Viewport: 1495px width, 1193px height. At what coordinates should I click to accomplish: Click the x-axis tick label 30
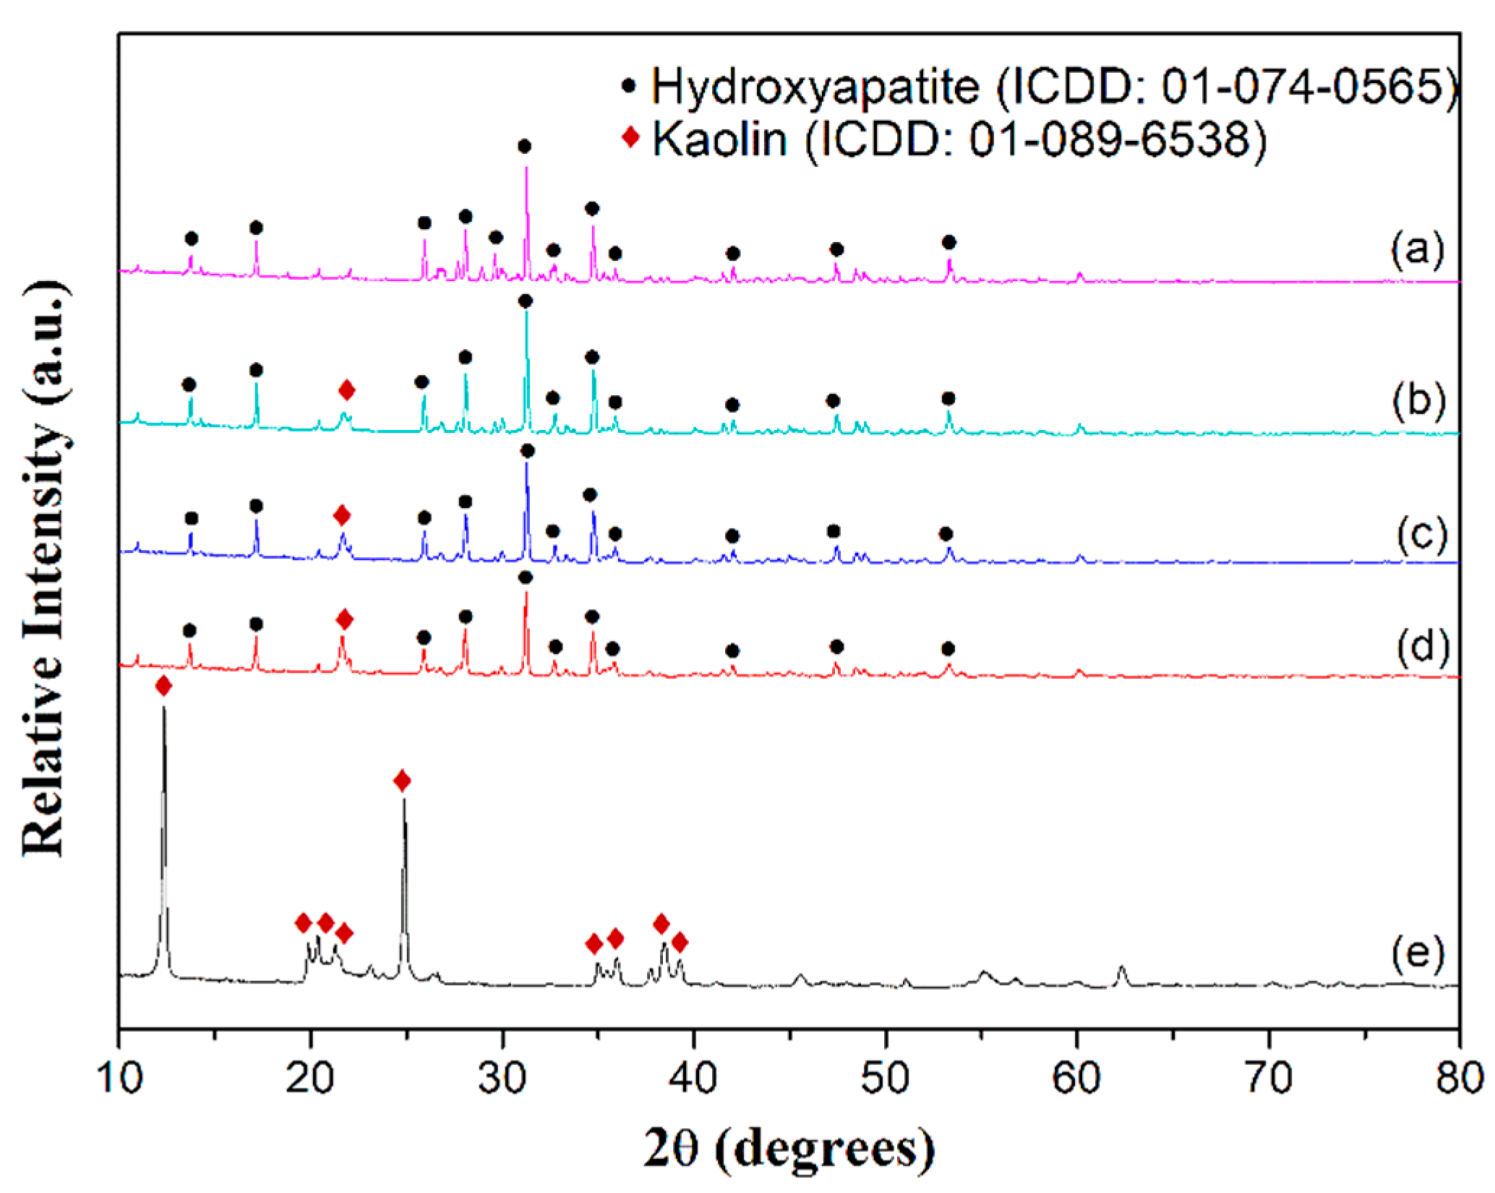[502, 1079]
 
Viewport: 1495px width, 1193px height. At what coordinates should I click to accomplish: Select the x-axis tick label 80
[1458, 1079]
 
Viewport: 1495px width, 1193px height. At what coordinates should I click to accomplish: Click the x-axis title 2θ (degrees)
[788, 1149]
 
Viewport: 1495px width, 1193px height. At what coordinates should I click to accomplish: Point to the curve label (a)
[1418, 249]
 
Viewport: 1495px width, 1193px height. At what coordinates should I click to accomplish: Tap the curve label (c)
[1421, 535]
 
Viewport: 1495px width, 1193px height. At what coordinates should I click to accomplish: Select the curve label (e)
[1418, 954]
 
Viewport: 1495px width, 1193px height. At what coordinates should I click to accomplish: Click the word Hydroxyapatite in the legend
[815, 86]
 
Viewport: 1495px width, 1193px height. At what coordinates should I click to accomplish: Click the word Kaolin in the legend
[719, 139]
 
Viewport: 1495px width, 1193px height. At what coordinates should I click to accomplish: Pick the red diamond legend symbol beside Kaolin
[631, 137]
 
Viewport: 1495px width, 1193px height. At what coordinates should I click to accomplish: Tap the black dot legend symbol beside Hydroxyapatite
[629, 85]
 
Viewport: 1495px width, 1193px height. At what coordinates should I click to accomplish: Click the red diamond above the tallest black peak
[163, 686]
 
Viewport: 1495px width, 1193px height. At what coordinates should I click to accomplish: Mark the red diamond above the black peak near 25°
[403, 780]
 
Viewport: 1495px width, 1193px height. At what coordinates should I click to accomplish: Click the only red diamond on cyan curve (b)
[347, 391]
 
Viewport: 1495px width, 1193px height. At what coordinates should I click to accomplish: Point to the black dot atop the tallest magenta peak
[525, 147]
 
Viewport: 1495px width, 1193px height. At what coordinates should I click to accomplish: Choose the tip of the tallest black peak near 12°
[163, 708]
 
